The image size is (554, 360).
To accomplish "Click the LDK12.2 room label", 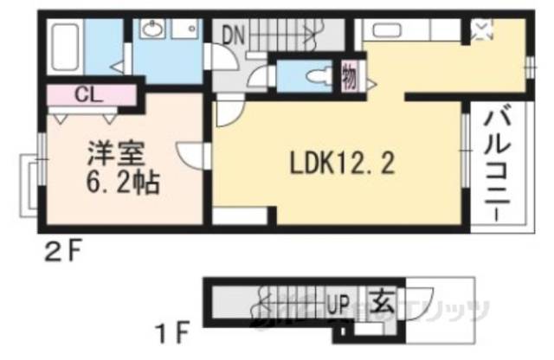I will click(337, 162).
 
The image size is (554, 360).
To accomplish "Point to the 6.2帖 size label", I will click(120, 184).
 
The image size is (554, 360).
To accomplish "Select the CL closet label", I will click(85, 93).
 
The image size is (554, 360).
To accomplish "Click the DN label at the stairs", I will click(234, 35).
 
